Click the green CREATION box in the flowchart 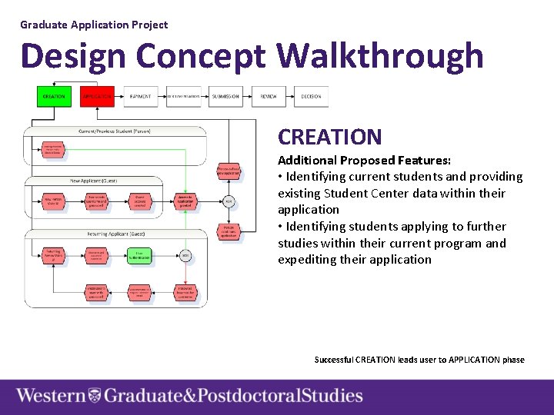tap(53, 97)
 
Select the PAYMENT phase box tap(140, 97)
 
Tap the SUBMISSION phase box tap(225, 97)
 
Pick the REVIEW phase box tap(269, 97)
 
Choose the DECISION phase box tap(311, 97)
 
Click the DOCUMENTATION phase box tap(183, 97)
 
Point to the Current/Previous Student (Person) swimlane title tap(115, 131)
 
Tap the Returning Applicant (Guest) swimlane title tap(115, 233)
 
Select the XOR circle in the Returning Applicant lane tap(185, 254)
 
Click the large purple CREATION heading tap(329, 137)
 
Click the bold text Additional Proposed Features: tap(364, 161)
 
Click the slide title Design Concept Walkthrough tap(252, 57)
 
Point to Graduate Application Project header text tap(94, 25)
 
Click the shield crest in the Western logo tap(95, 396)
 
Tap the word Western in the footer tap(51, 396)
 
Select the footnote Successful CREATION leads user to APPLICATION tap(419, 360)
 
